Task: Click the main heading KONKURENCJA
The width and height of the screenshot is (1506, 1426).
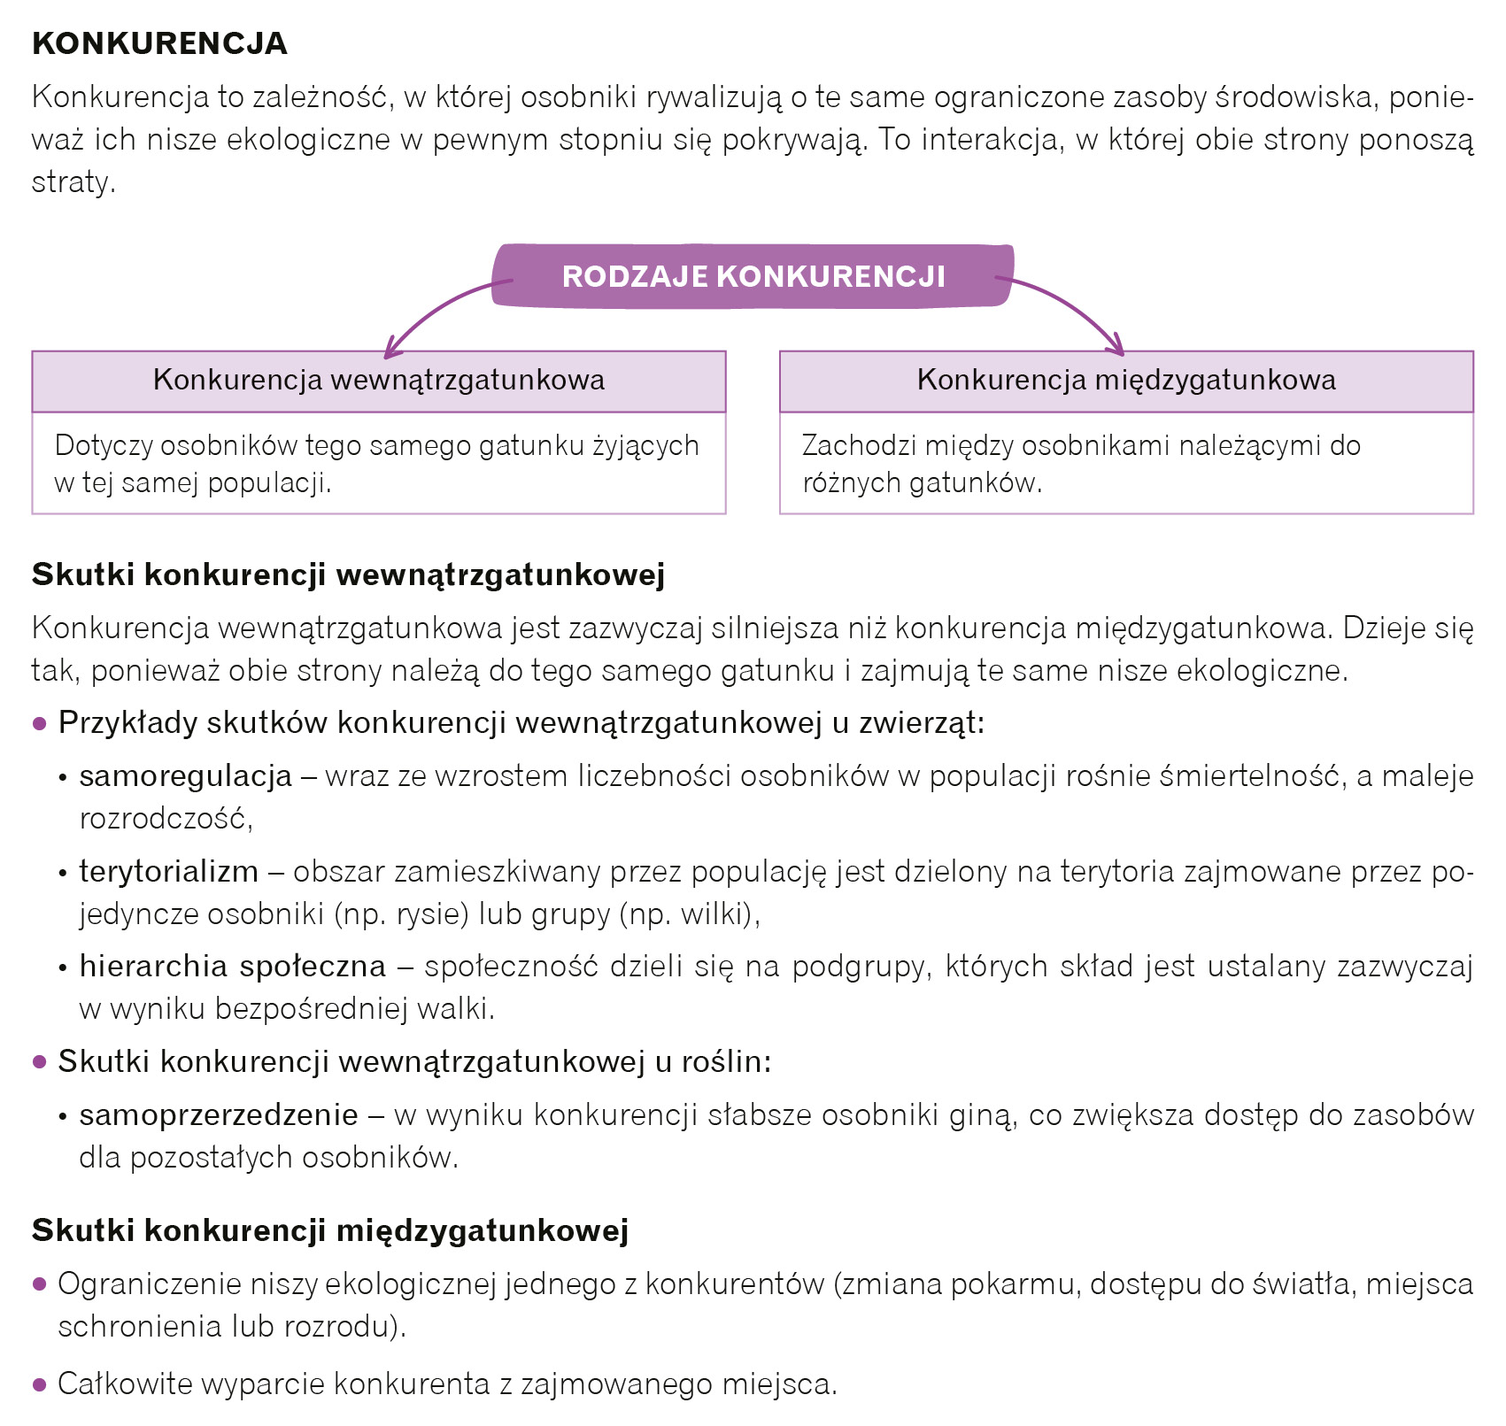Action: [x=159, y=43]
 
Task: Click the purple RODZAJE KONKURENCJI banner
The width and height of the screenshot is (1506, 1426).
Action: [x=753, y=276]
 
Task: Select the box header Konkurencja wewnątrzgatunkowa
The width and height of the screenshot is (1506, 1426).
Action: [x=379, y=381]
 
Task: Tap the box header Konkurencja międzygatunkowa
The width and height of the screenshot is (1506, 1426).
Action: [x=1126, y=381]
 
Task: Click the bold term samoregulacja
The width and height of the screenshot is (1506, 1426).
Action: [x=186, y=776]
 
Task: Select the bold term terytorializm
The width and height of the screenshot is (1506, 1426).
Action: [x=169, y=872]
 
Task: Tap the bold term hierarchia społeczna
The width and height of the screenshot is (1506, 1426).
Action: [x=233, y=966]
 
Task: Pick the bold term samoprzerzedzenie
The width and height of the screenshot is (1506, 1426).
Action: [x=219, y=1114]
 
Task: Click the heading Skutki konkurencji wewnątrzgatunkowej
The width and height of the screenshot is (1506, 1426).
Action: [x=348, y=574]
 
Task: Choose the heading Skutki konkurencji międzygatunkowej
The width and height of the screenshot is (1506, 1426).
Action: [x=330, y=1230]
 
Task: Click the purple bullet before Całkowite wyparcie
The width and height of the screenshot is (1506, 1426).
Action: [x=39, y=1384]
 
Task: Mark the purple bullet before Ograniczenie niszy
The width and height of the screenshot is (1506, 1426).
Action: [x=39, y=1283]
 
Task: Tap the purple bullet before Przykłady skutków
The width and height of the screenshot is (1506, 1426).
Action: [x=39, y=723]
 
